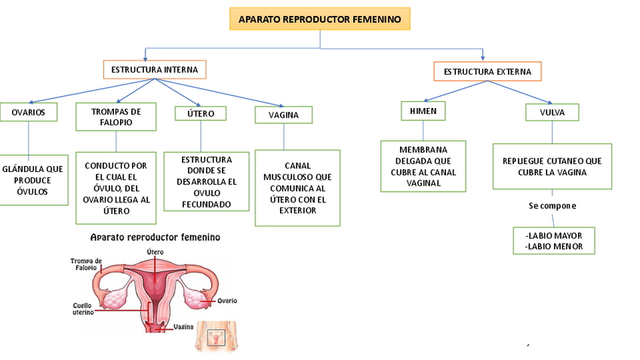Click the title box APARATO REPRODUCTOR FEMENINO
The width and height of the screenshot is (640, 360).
point(320,19)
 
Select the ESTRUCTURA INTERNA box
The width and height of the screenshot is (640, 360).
point(155,69)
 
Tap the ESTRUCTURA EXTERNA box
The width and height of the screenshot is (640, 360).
point(487,72)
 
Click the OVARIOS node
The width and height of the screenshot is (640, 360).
point(29,112)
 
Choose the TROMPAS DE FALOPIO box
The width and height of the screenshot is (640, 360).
point(115,116)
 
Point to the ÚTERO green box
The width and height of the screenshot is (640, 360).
point(200,114)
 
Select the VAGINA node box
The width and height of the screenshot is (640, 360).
point(284,115)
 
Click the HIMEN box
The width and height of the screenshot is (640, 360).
point(423,111)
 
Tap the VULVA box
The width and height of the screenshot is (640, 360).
point(552,112)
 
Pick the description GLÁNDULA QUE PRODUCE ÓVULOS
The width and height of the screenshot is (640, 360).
point(32,180)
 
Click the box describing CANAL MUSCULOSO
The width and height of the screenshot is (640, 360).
point(297,188)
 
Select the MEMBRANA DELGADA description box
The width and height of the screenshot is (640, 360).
point(423,166)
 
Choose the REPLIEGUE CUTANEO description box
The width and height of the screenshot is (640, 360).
point(552,166)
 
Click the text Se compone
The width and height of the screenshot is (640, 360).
point(552,205)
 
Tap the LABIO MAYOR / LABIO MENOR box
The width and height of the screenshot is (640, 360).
point(553,241)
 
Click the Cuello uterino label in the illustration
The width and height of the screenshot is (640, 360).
point(82,309)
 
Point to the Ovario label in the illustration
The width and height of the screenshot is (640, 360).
point(227,300)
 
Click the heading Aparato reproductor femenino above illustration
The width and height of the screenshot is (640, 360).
point(155,237)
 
